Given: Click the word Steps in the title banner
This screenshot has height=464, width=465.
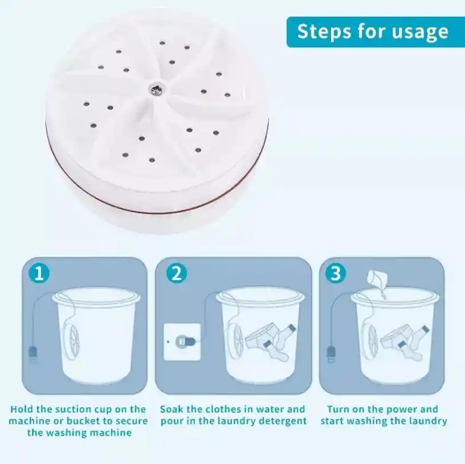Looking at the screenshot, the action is (324, 31).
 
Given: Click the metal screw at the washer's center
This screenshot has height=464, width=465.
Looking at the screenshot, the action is (156, 88).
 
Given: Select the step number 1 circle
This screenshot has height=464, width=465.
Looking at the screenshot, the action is (39, 273).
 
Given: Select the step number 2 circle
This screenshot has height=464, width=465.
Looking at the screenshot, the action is (177, 273).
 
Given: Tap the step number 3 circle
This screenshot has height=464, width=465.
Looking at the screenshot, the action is (336, 273).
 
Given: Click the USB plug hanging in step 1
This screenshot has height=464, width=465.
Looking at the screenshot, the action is (33, 353).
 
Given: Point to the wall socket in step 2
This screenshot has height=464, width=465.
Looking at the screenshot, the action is (182, 342).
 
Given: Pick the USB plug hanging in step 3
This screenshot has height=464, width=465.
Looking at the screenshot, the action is (331, 353).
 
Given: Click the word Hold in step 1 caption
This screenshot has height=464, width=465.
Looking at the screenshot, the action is (21, 409).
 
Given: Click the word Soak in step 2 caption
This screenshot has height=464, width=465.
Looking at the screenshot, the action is (171, 409).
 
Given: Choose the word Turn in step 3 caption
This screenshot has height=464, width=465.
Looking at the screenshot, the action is (337, 409).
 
